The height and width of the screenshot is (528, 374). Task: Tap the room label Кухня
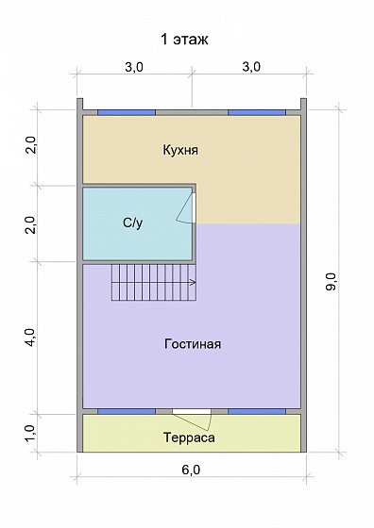click(179, 150)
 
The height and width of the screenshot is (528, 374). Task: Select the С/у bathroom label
click(132, 223)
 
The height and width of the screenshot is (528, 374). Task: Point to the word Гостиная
click(192, 343)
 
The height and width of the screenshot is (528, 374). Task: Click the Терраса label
click(188, 438)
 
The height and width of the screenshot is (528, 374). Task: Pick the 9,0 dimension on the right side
click(331, 281)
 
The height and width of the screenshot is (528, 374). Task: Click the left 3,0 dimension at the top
click(133, 67)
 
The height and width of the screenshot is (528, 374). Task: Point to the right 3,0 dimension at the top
click(250, 67)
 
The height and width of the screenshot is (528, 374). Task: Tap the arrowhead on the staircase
click(193, 282)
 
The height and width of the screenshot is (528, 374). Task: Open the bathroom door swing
click(187, 209)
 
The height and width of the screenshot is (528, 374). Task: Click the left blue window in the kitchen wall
click(127, 112)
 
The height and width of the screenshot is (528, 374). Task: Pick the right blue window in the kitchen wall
click(256, 112)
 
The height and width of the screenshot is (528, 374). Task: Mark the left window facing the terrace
click(127, 412)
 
